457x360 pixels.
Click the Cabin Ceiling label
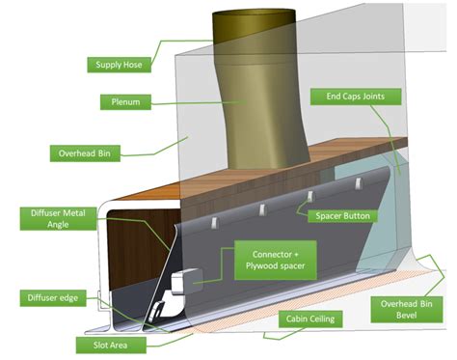coord(309,318)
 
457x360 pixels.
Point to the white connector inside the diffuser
coord(178,284)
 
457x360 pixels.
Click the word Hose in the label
coord(135,65)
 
